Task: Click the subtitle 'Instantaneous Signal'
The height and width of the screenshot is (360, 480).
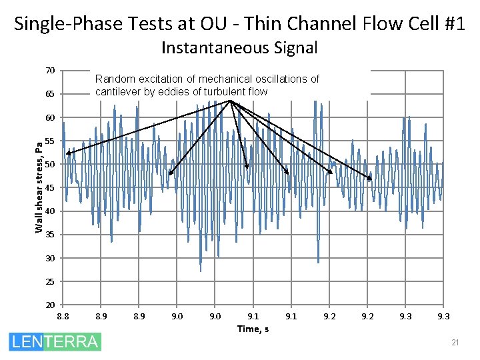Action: [x=239, y=48]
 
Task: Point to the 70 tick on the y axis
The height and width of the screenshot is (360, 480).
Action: [x=50, y=71]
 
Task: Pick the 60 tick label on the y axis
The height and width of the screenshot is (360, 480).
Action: [x=50, y=118]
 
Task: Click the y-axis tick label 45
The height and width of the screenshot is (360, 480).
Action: [x=50, y=188]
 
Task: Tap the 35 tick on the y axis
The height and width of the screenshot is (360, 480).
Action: [x=50, y=235]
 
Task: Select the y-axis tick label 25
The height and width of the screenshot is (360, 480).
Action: [x=50, y=281]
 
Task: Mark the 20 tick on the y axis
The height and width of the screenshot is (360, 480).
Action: [x=50, y=305]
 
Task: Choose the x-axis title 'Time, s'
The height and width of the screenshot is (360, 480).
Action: [x=253, y=329]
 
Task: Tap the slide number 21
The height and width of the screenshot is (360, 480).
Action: [x=455, y=343]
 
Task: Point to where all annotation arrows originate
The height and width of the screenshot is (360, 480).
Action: [x=230, y=101]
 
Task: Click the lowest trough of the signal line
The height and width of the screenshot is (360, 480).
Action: [x=201, y=271]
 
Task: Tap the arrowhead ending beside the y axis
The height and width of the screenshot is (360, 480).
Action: [x=67, y=154]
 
